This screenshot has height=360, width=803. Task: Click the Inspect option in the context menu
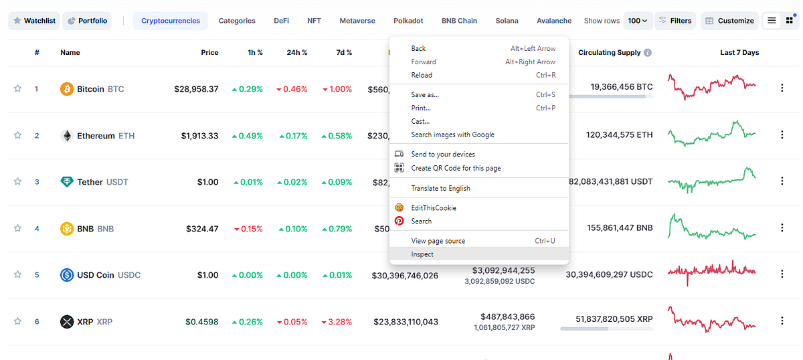[422, 254]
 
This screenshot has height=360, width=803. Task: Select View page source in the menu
[438, 241]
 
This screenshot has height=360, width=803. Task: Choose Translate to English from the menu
[440, 188]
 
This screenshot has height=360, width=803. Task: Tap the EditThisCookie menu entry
[433, 208]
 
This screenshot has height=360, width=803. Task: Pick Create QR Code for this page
[455, 168]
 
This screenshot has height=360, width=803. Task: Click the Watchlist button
[33, 21]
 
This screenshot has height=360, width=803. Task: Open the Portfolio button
[87, 21]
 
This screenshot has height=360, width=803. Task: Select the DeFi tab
[281, 21]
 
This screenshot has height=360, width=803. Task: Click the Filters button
[675, 21]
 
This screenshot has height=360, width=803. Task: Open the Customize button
[729, 21]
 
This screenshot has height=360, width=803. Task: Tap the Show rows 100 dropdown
[637, 21]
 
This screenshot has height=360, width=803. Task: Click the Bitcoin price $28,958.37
[196, 88]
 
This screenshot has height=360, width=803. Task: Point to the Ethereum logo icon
[67, 136]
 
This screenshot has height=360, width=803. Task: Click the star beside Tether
[17, 181]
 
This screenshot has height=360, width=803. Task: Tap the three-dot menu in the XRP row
[782, 321]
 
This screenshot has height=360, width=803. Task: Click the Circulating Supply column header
[610, 52]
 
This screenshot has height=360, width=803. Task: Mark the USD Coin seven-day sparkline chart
[711, 272]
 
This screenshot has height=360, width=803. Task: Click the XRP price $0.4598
[201, 322]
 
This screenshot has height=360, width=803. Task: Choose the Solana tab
[507, 21]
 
